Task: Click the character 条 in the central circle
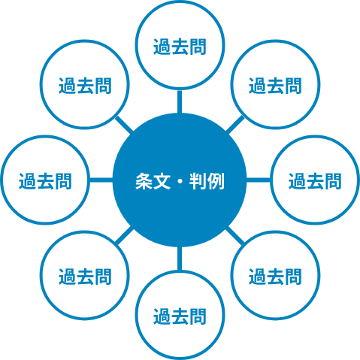tap(144, 181)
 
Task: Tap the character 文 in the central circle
tap(162, 181)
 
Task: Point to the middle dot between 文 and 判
tap(180, 181)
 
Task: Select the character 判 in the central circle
tap(198, 181)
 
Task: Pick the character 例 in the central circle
tap(216, 181)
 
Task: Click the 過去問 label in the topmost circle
tap(180, 47)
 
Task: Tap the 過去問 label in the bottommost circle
tap(180, 316)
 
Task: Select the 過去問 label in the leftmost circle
tap(45, 181)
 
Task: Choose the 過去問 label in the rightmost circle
tap(315, 181)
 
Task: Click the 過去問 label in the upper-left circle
tap(85, 86)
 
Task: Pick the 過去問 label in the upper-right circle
tap(275, 86)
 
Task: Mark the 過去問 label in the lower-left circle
tap(85, 277)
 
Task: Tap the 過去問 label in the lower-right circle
tap(275, 277)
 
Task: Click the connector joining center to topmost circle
tap(180, 101)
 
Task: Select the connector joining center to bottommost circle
tap(180, 259)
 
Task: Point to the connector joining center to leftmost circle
tap(101, 180)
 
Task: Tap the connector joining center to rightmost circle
tap(259, 180)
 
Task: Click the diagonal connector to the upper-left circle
tap(124, 125)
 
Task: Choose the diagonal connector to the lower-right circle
tap(235, 236)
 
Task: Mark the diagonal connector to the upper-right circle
tap(235, 125)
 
